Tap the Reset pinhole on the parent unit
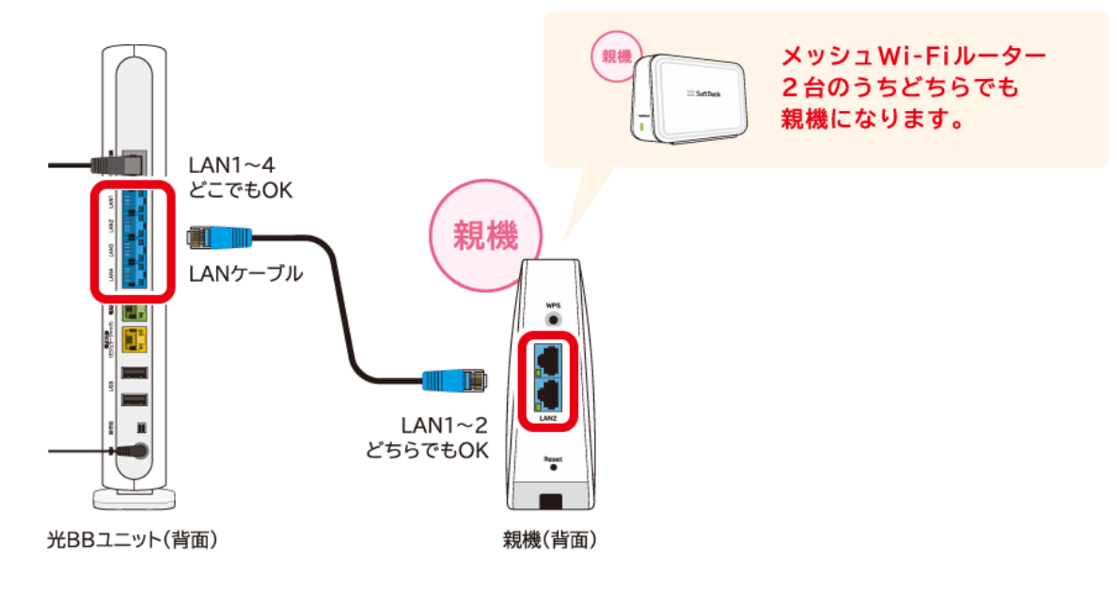coord(552,465)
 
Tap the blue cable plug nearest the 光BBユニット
coord(208,236)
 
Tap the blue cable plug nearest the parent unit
coord(453,380)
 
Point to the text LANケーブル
coord(245,273)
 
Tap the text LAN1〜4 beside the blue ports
coord(233,165)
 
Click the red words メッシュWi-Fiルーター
coord(913,56)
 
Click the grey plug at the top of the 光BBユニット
coord(114,163)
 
